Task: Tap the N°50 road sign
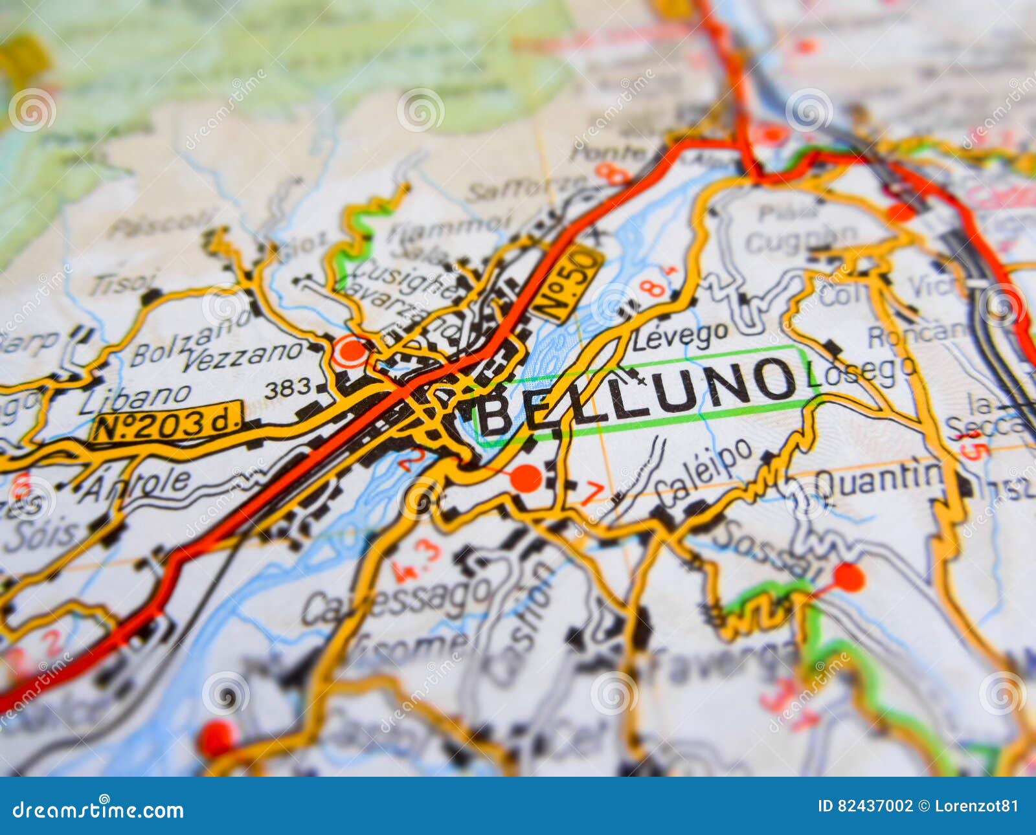(x=568, y=283)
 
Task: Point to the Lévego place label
(x=680, y=335)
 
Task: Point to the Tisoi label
(x=123, y=283)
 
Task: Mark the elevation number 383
(x=287, y=388)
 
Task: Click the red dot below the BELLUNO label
(x=526, y=478)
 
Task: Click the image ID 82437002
(x=864, y=806)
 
